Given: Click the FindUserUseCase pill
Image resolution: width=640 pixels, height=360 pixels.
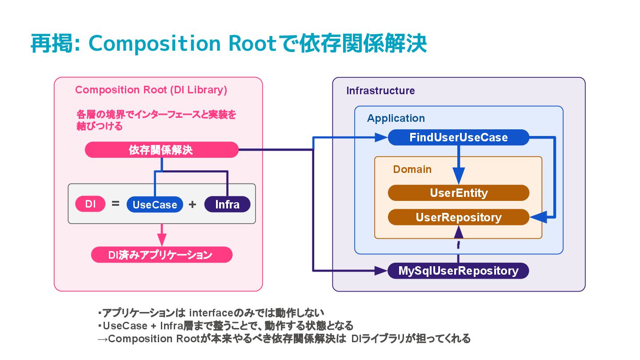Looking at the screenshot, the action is click(x=459, y=137).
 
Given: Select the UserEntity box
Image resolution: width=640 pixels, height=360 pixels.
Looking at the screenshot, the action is click(x=459, y=193).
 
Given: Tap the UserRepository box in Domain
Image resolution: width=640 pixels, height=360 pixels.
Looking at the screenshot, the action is click(x=459, y=217).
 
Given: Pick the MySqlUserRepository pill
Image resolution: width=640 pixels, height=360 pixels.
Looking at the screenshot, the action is click(x=458, y=271).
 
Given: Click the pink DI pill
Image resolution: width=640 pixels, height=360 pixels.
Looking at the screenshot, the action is click(x=90, y=204).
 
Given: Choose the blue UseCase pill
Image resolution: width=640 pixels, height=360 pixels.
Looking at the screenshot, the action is click(x=155, y=204).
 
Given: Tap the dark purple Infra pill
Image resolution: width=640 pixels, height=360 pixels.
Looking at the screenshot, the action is click(x=228, y=204).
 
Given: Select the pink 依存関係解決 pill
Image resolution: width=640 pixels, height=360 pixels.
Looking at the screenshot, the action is click(x=162, y=150).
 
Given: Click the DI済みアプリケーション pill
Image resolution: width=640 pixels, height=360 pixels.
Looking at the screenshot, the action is click(x=162, y=255).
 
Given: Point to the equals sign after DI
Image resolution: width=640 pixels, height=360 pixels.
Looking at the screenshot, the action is click(x=116, y=204).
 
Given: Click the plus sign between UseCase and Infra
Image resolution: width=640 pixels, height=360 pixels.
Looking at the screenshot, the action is click(x=192, y=204).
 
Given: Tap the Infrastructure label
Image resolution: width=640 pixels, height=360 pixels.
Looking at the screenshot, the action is click(x=380, y=91).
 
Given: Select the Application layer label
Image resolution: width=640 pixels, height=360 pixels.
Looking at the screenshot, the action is click(x=396, y=118).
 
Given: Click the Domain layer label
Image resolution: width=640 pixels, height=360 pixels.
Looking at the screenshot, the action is click(x=412, y=169).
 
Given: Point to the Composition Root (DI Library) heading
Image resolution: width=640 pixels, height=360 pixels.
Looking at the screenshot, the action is click(x=151, y=90).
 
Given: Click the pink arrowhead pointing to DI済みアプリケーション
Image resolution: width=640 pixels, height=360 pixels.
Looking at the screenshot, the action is click(x=162, y=240).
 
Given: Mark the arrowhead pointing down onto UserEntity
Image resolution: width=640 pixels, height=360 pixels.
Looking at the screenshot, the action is click(x=459, y=176).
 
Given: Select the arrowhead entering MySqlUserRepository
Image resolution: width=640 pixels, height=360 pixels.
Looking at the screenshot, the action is click(x=381, y=271).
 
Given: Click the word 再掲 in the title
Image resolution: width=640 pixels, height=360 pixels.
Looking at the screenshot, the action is click(x=52, y=44).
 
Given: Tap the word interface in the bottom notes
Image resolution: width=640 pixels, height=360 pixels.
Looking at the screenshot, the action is click(x=212, y=313).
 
